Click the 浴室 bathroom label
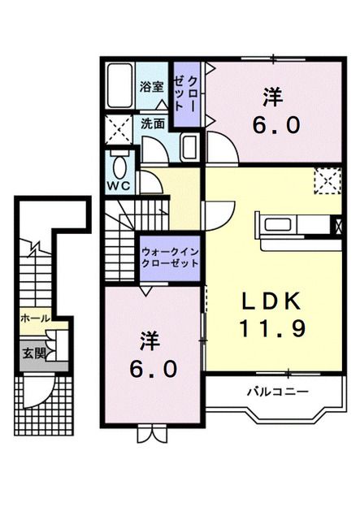tap(152, 87)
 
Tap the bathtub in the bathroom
tap(119, 86)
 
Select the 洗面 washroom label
tap(153, 123)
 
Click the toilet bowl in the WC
tap(119, 167)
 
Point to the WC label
tap(119, 186)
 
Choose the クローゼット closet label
tap(186, 93)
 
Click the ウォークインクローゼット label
tap(170, 258)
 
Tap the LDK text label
tap(271, 301)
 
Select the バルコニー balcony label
tap(278, 392)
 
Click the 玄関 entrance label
tap(33, 354)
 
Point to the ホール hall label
tap(35, 318)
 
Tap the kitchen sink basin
tap(277, 224)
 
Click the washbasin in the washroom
tap(190, 147)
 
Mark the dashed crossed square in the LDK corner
tap(327, 180)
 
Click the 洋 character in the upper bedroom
tap(273, 97)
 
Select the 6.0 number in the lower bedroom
tap(153, 370)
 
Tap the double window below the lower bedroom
tap(152, 433)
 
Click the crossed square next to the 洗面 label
tap(119, 130)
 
